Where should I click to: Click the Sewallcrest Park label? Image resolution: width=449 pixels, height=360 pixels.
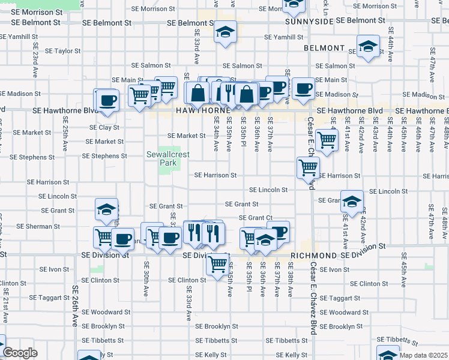168,158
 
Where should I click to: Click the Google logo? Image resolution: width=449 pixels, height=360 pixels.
20,352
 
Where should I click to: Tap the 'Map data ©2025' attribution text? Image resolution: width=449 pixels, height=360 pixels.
423,355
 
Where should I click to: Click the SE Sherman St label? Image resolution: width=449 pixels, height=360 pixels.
37,226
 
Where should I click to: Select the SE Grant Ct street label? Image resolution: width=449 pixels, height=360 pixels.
256,218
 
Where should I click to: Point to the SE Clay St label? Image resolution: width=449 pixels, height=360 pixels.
104,127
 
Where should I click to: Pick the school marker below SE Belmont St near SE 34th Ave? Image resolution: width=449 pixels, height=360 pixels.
226,32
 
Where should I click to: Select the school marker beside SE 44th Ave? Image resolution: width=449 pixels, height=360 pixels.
368,47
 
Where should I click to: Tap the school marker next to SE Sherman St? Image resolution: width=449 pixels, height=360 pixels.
106,209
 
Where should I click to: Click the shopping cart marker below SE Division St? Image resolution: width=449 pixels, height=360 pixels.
218,262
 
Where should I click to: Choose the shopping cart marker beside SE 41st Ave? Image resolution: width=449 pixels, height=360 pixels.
327,140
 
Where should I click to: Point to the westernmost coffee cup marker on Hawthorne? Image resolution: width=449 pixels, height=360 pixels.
107,100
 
